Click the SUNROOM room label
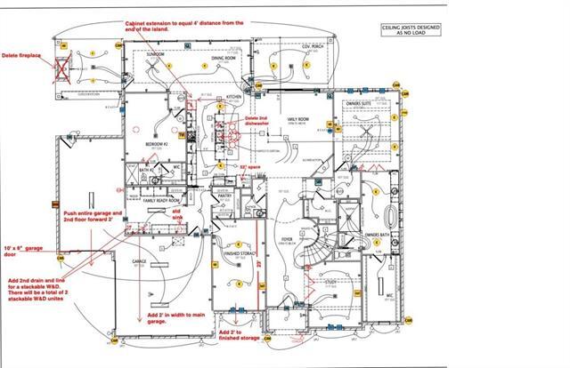[156, 54]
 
